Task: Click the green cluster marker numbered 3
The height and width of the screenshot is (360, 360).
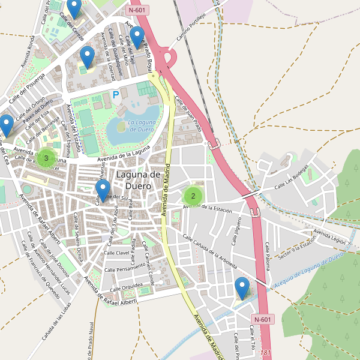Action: [46, 158]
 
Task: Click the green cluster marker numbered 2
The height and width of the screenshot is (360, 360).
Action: [193, 195]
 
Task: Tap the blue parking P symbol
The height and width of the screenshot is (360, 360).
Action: [116, 94]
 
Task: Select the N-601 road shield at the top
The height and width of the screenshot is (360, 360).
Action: [138, 10]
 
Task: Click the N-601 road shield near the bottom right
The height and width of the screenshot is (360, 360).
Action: [263, 319]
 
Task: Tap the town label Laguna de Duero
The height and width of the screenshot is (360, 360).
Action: [138, 180]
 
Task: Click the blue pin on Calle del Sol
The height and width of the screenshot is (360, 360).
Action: [103, 190]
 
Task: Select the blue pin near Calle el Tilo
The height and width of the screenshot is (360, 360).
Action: [242, 288]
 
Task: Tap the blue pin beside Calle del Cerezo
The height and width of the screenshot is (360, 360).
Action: [74, 8]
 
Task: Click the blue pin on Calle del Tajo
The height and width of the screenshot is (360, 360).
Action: [137, 37]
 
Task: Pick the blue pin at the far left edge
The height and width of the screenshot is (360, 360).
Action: [6, 125]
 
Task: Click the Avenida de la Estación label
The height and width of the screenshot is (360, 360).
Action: [208, 208]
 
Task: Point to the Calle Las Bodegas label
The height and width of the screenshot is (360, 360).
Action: [295, 182]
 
